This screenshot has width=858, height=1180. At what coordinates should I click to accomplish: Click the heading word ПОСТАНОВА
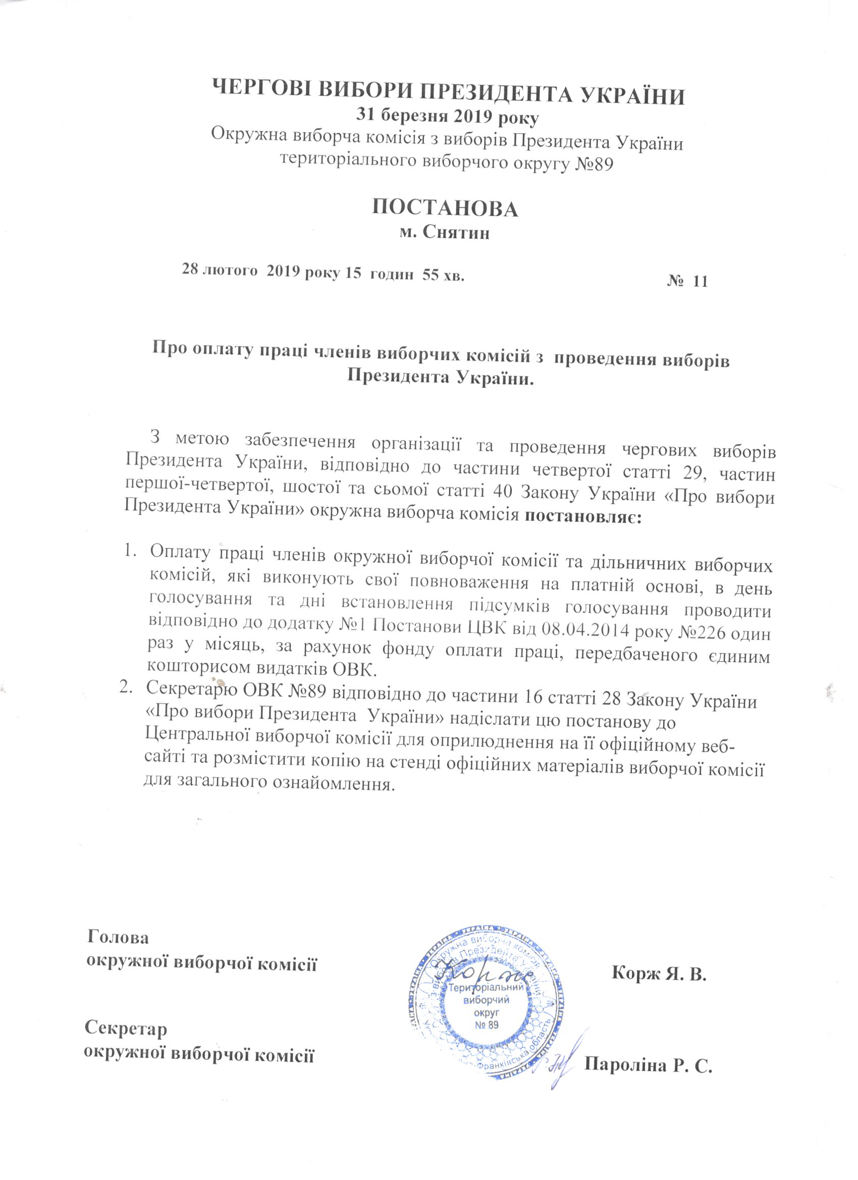[446, 208]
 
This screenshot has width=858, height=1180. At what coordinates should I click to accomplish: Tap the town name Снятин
[456, 233]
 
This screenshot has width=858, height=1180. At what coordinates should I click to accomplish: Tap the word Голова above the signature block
[119, 937]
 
